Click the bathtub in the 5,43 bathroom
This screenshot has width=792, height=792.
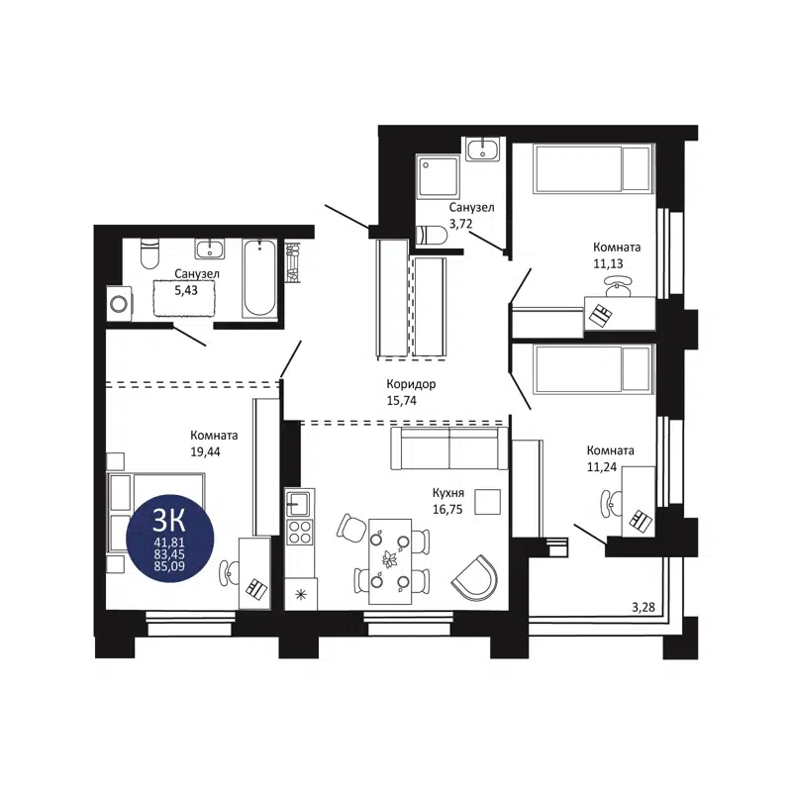(259, 277)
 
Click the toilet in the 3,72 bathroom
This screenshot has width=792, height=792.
(432, 236)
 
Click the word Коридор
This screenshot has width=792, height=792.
(411, 384)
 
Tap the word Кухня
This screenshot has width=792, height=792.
(448, 491)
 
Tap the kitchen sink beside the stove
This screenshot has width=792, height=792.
(299, 505)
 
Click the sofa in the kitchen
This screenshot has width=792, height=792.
(448, 448)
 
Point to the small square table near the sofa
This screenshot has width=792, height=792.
(487, 502)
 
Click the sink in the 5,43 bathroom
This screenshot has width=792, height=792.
(209, 247)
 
